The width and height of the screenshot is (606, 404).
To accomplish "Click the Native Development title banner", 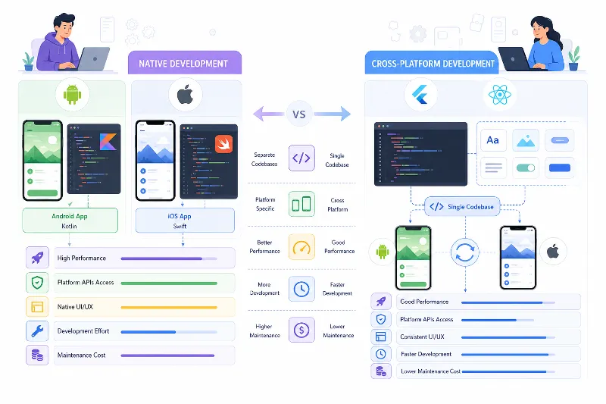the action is (185, 63).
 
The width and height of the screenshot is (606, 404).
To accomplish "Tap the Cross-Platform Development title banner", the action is (432, 63).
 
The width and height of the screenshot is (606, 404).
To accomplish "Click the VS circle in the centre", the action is (298, 114).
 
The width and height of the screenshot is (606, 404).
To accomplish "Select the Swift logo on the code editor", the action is (223, 144).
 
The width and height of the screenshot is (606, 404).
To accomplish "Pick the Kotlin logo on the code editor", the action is (108, 142).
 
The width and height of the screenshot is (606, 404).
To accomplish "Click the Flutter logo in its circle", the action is (420, 94).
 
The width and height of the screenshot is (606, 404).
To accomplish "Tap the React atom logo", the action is (500, 94).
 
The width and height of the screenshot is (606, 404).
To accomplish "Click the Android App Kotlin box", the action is (70, 221).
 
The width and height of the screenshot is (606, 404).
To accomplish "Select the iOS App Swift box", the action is (185, 221).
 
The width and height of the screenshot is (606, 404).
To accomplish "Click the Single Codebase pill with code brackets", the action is (462, 207).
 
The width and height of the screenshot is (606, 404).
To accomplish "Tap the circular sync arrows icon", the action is (464, 252).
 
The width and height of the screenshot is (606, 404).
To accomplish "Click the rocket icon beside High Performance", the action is (37, 258).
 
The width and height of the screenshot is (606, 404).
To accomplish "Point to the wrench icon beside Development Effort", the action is (37, 331).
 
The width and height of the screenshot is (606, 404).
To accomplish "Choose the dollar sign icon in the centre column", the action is (301, 330).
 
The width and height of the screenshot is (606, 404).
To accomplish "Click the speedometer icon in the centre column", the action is (301, 246).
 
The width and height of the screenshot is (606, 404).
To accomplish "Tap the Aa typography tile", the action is (493, 140).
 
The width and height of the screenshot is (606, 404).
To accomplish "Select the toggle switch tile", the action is (526, 168).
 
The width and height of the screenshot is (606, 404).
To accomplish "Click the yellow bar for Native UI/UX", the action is (169, 307).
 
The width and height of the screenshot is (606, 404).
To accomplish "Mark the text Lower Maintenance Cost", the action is (430, 371).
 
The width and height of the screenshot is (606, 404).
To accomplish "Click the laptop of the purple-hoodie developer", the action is (92, 59).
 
